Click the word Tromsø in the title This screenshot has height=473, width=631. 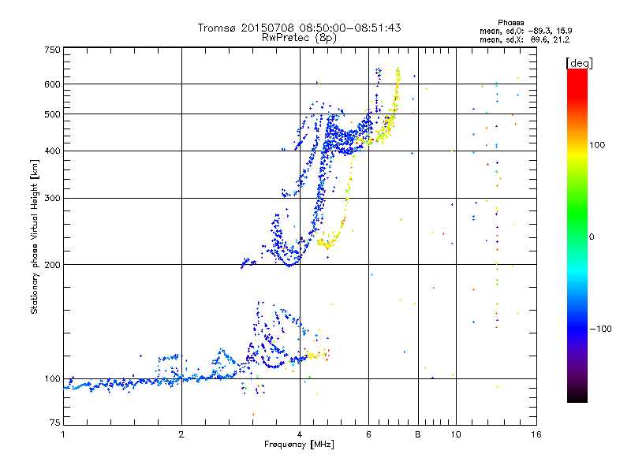[218, 28]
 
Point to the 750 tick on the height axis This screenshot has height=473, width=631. [52, 50]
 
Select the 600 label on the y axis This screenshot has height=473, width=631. [52, 84]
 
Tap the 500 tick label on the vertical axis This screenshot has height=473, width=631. [52, 114]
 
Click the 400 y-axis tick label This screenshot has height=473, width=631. [52, 151]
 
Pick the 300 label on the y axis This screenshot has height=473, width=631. [52, 198]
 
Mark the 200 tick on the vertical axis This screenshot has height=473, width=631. [52, 264]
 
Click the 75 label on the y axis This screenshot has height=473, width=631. [54, 423]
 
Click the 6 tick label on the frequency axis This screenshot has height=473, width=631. [368, 434]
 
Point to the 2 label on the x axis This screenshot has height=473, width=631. [181, 434]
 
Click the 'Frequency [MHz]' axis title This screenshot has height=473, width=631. [299, 445]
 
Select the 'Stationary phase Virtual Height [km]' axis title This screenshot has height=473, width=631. [35, 236]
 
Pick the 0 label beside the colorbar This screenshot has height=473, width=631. [593, 236]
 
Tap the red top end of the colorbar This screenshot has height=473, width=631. [577, 73]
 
